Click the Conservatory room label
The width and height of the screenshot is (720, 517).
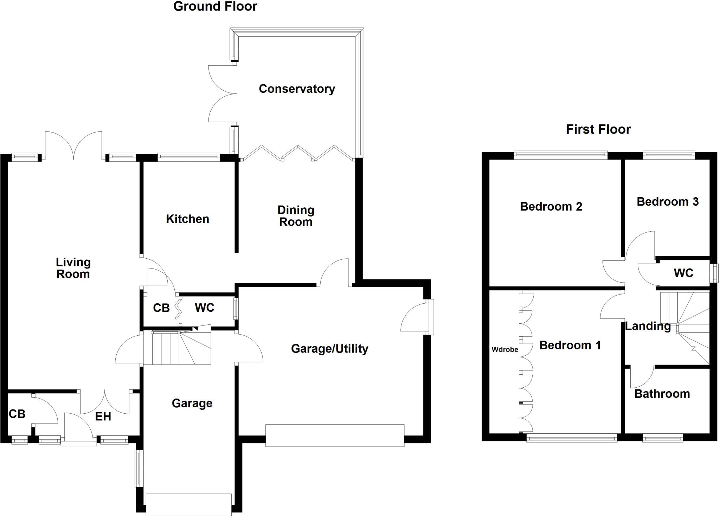[297, 89]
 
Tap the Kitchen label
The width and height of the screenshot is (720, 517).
[187, 219]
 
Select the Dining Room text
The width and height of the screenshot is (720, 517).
[296, 216]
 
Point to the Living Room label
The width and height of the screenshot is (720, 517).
[73, 268]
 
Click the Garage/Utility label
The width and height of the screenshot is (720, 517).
[329, 349]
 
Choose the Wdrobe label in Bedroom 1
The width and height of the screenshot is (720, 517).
[504, 350]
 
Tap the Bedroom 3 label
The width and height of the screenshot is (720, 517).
[667, 202]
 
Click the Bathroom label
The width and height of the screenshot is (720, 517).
[662, 394]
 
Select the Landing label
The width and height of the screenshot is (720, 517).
[648, 327]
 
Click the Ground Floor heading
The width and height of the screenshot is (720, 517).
[215, 6]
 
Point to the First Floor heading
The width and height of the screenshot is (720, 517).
[598, 130]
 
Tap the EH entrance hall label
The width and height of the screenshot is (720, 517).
[103, 417]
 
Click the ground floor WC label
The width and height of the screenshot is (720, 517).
[204, 308]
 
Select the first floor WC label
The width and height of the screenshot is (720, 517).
[683, 273]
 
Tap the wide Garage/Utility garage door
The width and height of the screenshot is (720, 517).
[334, 436]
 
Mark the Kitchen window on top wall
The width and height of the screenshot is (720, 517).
[188, 157]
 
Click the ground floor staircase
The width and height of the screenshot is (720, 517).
[177, 348]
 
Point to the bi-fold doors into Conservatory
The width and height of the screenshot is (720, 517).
[297, 154]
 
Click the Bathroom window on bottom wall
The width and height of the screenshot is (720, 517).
[662, 438]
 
